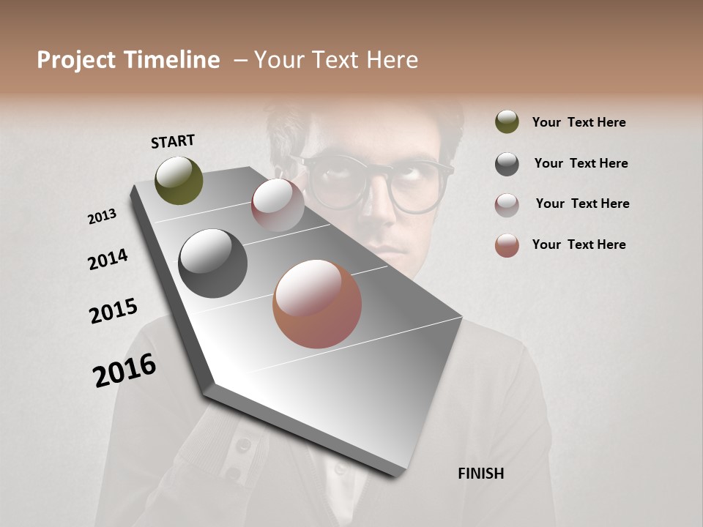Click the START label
[173, 141]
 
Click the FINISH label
[480, 474]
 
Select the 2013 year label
[102, 217]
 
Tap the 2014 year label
[108, 259]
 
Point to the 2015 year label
[114, 311]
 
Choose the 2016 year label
[124, 370]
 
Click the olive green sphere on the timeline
[179, 180]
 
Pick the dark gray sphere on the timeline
[213, 263]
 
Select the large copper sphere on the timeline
[317, 304]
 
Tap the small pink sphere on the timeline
[278, 205]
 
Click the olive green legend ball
[507, 122]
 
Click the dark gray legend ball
[507, 164]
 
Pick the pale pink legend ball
[507, 205]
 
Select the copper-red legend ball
[507, 246]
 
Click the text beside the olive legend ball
[579, 122]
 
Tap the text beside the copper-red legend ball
[579, 244]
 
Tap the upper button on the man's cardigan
[243, 444]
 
